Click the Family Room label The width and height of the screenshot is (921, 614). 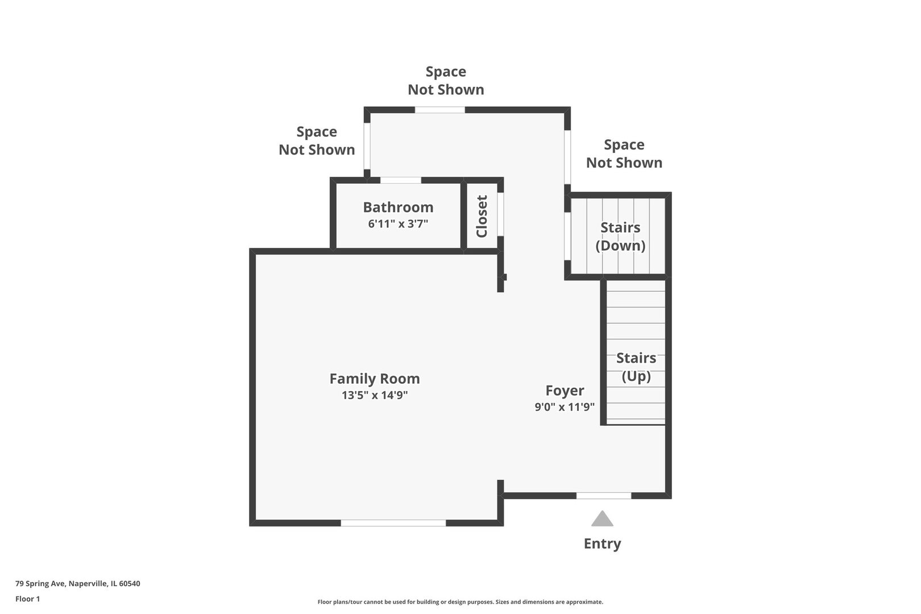point(375,379)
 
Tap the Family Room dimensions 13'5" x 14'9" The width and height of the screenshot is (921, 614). point(375,395)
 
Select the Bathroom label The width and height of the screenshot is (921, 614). point(398,208)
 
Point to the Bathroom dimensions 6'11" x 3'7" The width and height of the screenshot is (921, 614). point(398,224)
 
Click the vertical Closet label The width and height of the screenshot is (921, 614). point(482,216)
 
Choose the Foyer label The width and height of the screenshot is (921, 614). point(565,391)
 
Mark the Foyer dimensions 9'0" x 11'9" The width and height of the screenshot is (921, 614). point(565,407)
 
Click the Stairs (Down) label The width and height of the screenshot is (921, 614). point(620,237)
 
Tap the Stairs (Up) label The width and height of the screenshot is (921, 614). point(636,367)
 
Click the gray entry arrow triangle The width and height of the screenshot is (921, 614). point(603,519)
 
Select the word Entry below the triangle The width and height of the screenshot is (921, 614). point(603,544)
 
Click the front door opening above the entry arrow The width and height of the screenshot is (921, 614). point(604,496)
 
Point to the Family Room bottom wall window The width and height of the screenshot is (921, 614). point(393,523)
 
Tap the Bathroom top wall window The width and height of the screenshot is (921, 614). point(400,180)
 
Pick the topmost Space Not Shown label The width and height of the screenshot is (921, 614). point(446,81)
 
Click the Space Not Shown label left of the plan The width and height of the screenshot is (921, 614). point(317,140)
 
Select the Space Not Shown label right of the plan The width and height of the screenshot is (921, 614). point(624,154)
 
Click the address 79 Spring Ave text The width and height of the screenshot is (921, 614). point(78,583)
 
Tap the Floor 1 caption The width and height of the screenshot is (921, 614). point(27,599)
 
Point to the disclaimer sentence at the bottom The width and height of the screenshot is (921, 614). point(460,602)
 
